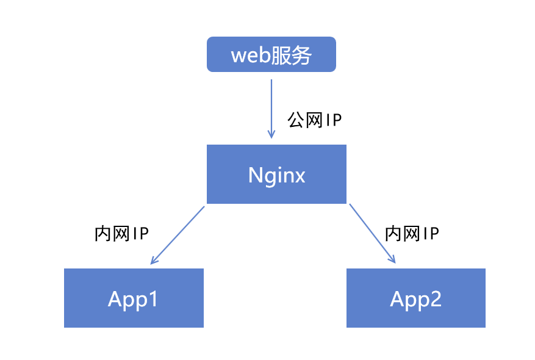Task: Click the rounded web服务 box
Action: click(x=271, y=54)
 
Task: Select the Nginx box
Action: click(x=276, y=174)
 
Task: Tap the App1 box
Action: click(x=134, y=298)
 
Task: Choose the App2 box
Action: click(x=415, y=298)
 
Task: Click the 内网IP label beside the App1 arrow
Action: click(x=122, y=234)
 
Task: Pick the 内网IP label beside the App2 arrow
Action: click(x=412, y=233)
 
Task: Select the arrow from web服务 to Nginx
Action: click(x=271, y=104)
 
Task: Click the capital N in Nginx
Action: click(x=255, y=175)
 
